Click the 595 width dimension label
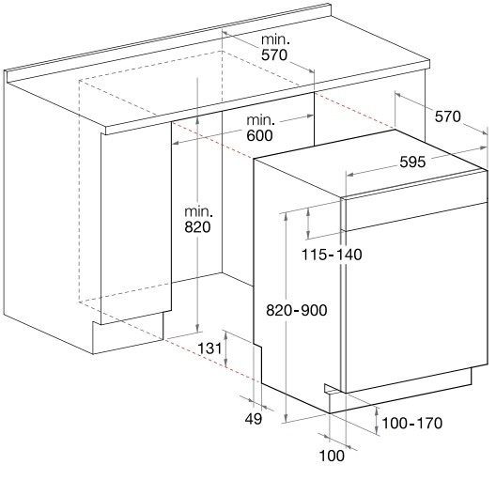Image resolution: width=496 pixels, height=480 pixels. tap(412, 163)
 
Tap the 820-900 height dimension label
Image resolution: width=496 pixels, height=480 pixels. tap(297, 310)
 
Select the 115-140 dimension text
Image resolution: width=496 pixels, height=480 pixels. tap(332, 255)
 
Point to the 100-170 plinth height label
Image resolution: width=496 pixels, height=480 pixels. tap(412, 423)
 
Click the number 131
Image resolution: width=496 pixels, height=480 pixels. tap(209, 348)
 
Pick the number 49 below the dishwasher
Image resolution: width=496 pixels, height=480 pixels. tap(254, 419)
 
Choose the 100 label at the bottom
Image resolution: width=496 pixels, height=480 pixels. tap(332, 456)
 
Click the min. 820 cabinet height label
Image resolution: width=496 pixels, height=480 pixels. tap(198, 220)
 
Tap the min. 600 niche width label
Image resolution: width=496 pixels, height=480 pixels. tap(260, 128)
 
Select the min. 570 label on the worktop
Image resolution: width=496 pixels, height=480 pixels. tap(275, 47)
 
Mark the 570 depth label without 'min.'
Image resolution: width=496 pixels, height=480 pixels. tap(447, 116)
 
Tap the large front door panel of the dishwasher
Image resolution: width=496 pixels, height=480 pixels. tap(416, 297)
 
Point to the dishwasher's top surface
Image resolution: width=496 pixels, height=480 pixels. tap(370, 163)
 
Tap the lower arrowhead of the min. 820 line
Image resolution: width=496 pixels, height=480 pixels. tap(198, 328)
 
